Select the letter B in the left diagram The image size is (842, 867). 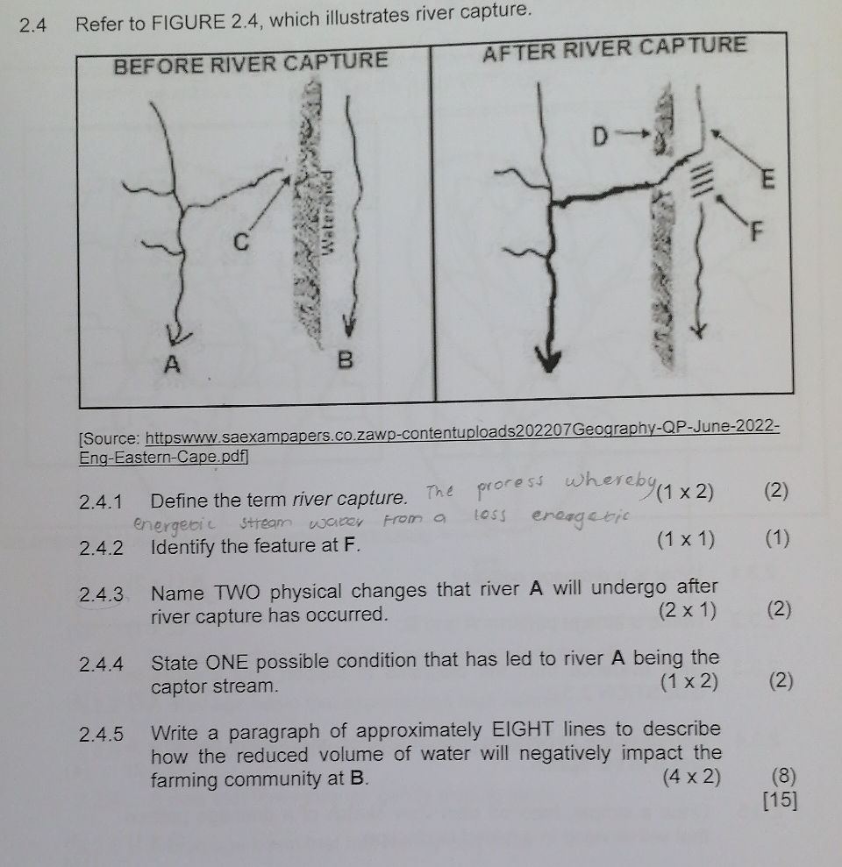click(345, 360)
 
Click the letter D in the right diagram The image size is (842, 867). click(602, 137)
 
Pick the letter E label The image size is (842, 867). click(768, 181)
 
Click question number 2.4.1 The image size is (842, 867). click(101, 502)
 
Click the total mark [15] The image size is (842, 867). click(780, 800)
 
